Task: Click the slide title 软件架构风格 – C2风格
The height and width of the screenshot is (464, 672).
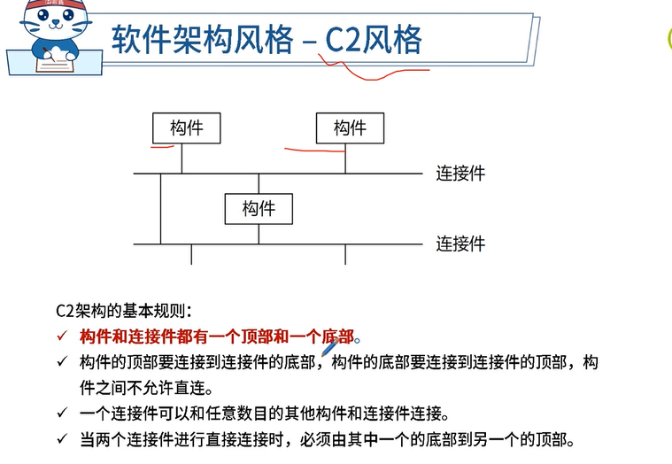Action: tap(266, 39)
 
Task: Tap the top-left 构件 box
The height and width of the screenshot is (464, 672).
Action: tap(186, 128)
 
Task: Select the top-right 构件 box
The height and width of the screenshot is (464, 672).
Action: tap(350, 128)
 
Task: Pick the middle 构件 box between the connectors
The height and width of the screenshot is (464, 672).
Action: tap(259, 209)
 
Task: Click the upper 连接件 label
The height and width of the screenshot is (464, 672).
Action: tap(460, 174)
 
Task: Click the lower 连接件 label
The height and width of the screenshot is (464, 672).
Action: tap(460, 244)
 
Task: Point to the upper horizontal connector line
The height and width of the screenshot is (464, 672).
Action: tap(283, 174)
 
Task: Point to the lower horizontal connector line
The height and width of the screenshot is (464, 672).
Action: tap(283, 244)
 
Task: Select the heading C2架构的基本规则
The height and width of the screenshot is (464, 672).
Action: tap(123, 311)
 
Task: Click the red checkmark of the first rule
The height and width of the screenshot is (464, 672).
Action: tap(61, 336)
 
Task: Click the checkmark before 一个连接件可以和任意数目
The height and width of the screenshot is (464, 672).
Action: tap(61, 414)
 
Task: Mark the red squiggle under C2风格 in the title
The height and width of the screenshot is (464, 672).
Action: tap(372, 71)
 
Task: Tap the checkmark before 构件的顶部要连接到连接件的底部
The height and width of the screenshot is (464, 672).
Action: tap(61, 362)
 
